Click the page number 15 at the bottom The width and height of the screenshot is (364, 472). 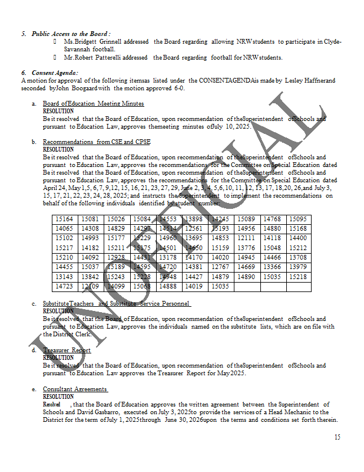tap(337, 437)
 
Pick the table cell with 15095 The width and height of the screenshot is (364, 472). tap(297, 219)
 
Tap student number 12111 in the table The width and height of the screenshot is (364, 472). tap(246, 238)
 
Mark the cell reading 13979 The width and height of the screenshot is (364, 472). tap(297, 267)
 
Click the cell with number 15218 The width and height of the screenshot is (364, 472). tap(297, 277)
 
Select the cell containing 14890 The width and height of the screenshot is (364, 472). tap(246, 277)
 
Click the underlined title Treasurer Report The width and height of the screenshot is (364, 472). tap(67, 350)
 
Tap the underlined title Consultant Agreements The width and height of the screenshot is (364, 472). tap(75, 389)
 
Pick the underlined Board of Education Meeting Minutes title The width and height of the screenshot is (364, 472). tap(93, 104)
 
